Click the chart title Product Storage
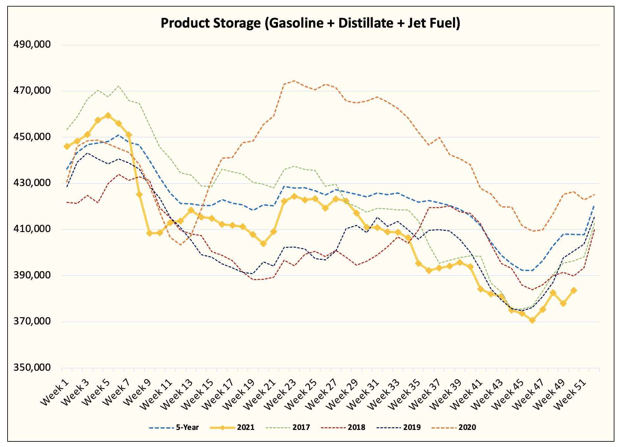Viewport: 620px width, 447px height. [310, 23]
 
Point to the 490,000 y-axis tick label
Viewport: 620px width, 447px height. [32, 45]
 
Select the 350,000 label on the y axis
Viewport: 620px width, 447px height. [32, 367]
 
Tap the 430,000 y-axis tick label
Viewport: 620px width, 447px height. [32, 183]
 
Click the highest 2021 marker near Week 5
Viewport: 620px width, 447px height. [108, 116]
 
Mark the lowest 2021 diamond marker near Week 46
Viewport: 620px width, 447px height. [532, 320]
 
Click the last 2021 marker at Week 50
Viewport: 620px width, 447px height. [574, 291]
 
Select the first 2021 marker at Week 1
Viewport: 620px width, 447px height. [67, 146]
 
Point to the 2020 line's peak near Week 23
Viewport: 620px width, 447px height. [294, 81]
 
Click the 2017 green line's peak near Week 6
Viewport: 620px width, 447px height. [118, 86]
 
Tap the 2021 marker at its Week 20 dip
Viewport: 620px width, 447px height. [263, 244]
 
